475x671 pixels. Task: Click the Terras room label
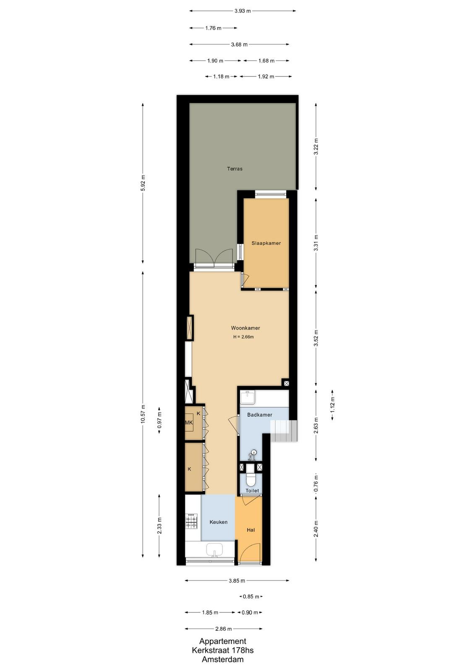[x=235, y=169]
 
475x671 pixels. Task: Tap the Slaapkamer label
[x=266, y=243]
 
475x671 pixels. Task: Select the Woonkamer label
[x=245, y=328]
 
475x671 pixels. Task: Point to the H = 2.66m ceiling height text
[x=244, y=337]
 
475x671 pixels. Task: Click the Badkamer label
[x=259, y=415]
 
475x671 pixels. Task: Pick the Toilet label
[x=252, y=490]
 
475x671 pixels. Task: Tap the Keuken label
[x=219, y=522]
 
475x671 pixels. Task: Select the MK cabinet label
[x=189, y=423]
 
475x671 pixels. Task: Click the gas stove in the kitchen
[x=191, y=521]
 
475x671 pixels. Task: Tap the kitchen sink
[x=214, y=550]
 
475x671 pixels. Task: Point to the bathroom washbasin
[x=248, y=398]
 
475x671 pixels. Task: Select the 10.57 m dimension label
[x=143, y=414]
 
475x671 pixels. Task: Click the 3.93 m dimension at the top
[x=243, y=11]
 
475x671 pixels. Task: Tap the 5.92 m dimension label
[x=143, y=183]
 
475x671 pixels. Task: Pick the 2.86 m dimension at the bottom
[x=223, y=629]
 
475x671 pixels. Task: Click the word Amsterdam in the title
[x=223, y=659]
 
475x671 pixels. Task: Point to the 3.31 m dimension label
[x=316, y=243]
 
